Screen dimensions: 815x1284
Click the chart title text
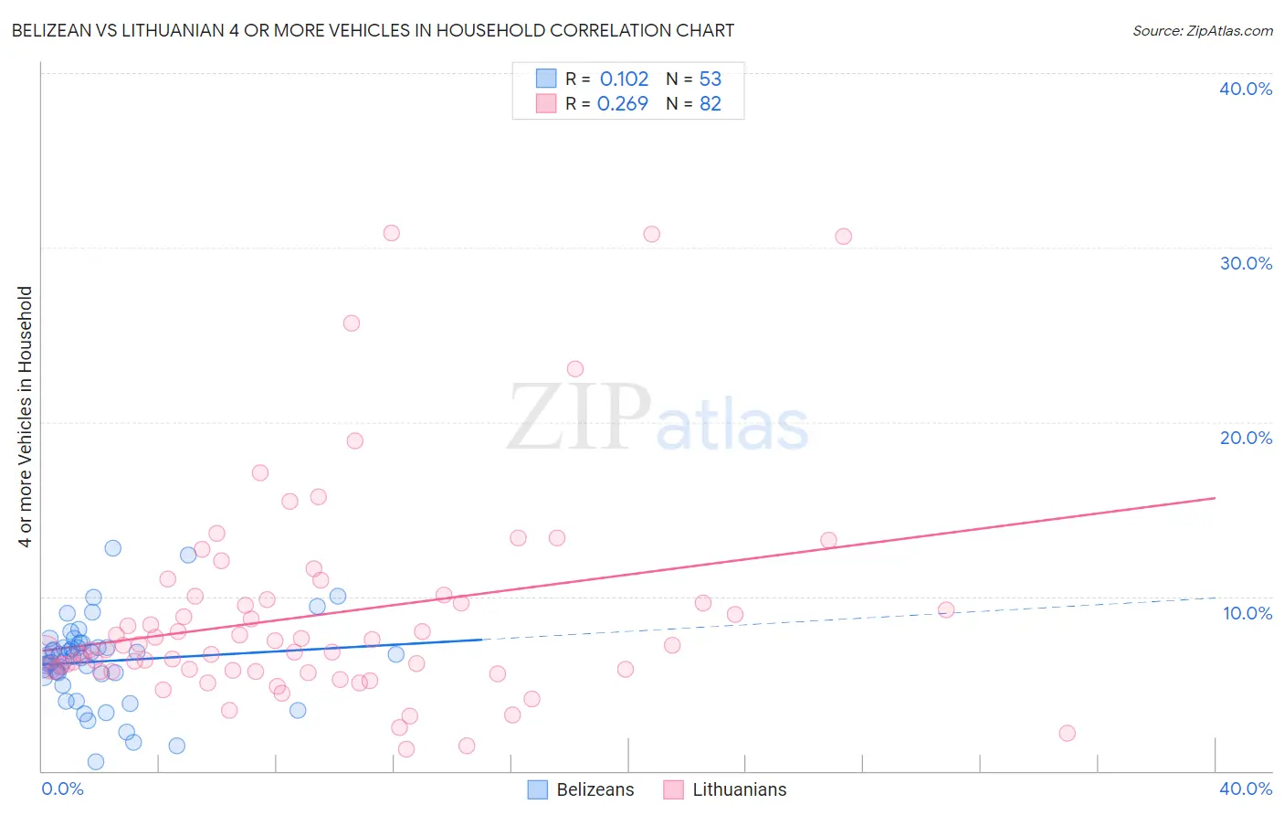(x=373, y=30)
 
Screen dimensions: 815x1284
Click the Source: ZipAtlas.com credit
(x=1202, y=30)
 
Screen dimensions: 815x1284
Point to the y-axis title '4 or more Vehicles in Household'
(x=25, y=417)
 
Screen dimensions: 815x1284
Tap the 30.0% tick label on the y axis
(x=1246, y=263)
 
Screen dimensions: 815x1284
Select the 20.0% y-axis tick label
(x=1246, y=438)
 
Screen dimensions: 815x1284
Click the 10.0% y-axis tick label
(x=1247, y=613)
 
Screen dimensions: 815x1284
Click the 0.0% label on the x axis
(x=62, y=789)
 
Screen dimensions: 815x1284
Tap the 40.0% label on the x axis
(x=1246, y=789)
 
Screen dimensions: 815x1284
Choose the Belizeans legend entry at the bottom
(x=581, y=789)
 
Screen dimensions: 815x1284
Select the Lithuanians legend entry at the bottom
(x=725, y=789)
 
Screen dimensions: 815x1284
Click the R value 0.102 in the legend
(x=624, y=79)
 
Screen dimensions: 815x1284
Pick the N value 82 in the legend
(x=710, y=104)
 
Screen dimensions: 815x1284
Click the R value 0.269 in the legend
(x=622, y=104)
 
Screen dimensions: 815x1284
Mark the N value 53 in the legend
(x=710, y=79)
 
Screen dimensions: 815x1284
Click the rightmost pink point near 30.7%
(x=843, y=237)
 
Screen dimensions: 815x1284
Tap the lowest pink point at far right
(x=1067, y=733)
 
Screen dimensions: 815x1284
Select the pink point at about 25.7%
(x=352, y=323)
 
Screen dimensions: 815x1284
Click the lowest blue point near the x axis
(x=96, y=762)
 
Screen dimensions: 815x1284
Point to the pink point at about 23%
(x=575, y=369)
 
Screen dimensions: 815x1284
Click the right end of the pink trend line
(x=1216, y=498)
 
